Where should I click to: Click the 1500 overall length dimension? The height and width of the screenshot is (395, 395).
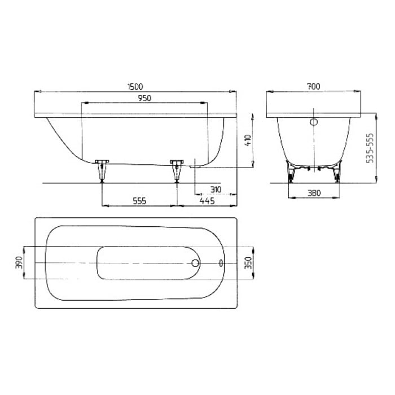(x=135, y=86)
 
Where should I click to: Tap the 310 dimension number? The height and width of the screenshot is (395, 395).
(x=214, y=189)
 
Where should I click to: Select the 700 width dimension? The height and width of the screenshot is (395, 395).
(x=313, y=86)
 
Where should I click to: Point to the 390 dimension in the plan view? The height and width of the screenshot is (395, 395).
(x=19, y=263)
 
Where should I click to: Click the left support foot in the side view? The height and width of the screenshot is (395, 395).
(x=102, y=170)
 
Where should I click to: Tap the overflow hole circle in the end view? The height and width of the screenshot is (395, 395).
(x=314, y=122)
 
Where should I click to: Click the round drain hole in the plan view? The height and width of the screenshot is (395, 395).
(x=196, y=263)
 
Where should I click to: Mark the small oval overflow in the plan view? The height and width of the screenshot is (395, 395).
(x=220, y=263)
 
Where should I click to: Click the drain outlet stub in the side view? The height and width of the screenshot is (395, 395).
(x=194, y=165)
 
